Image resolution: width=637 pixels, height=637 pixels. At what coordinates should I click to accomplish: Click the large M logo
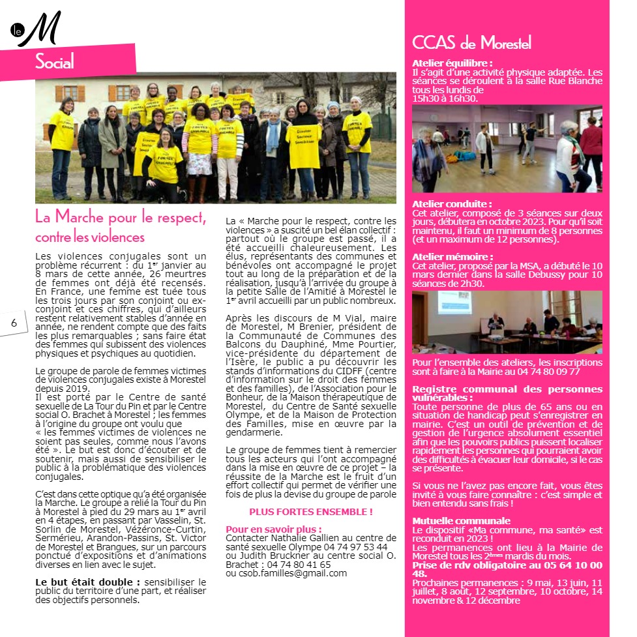(40, 30)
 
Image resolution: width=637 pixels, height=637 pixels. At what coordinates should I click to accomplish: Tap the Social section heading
(55, 63)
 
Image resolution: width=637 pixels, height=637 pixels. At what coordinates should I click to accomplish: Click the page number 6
(13, 324)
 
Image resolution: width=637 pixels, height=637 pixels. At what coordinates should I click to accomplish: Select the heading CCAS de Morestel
(471, 44)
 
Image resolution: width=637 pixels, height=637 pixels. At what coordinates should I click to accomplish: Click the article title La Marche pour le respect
(121, 217)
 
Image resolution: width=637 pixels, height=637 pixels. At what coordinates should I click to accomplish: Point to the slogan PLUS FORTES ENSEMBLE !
(311, 512)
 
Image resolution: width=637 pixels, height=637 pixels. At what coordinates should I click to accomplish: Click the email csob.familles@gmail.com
(286, 573)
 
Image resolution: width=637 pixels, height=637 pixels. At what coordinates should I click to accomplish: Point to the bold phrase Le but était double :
(88, 582)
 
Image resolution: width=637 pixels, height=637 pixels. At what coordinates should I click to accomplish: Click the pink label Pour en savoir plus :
(273, 529)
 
